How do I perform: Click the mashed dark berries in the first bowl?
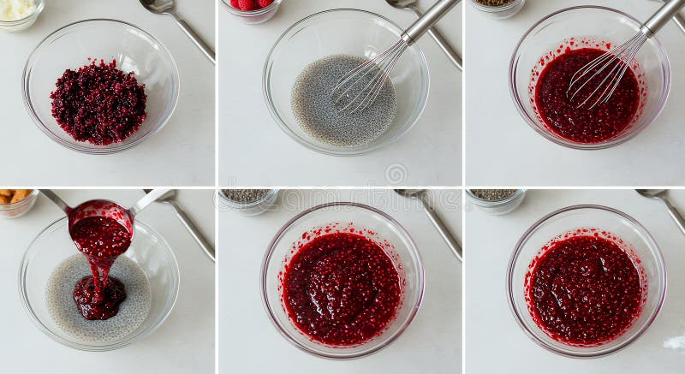tap(98, 102)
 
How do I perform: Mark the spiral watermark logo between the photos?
tap(396, 174)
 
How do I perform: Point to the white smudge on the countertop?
tap(674, 342)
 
